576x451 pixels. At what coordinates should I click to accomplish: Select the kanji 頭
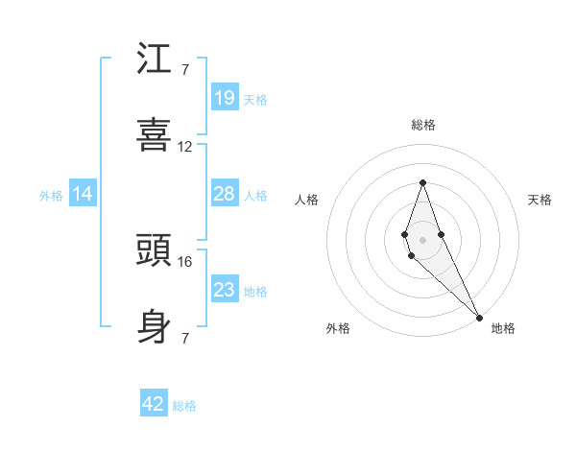coord(155,251)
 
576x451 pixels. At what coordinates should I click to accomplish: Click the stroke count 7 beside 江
coord(184,70)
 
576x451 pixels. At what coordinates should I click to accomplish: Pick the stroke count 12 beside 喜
coord(185,147)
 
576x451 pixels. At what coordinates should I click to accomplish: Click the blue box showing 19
coord(224,98)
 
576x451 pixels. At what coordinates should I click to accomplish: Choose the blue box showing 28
coord(224,194)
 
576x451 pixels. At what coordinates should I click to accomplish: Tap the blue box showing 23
coord(224,290)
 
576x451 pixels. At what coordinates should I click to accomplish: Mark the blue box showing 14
coord(83,194)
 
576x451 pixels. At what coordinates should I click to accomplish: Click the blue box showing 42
coord(154,405)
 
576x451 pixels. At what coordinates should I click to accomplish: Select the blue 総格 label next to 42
coord(184,406)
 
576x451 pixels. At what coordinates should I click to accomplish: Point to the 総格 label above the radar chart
coord(423,125)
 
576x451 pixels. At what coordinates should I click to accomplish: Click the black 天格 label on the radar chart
coord(540,200)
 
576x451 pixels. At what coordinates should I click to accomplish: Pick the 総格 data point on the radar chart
coord(422,182)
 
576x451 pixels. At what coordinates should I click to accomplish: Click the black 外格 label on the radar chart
coord(338,328)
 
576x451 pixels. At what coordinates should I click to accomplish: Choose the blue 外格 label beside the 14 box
coord(51,195)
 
